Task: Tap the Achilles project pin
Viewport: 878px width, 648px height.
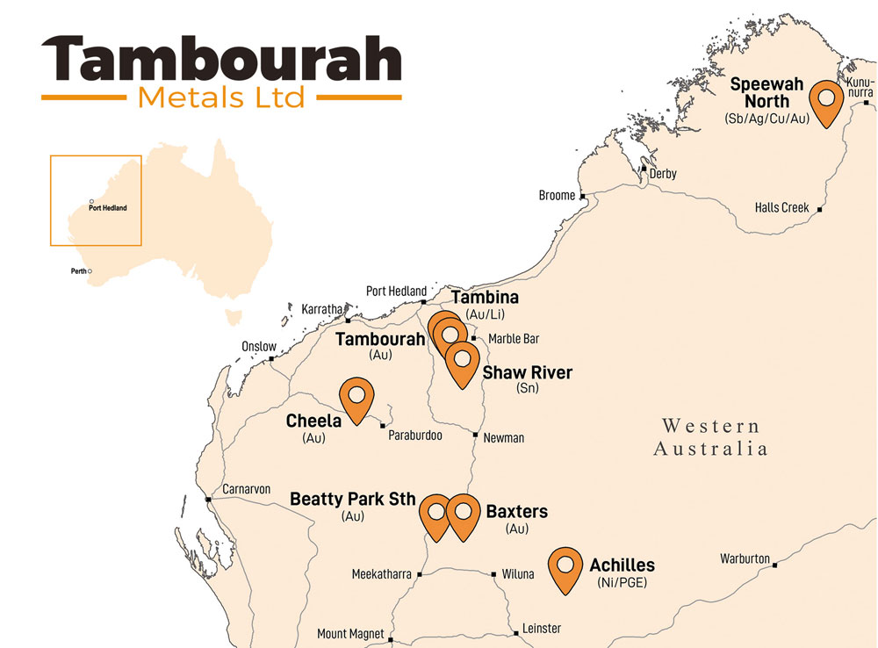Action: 566,569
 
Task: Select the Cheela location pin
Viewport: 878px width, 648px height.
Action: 357,400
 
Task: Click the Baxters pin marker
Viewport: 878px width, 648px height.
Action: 463,515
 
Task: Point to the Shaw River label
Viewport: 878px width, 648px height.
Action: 527,373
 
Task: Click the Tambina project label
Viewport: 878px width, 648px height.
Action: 485,299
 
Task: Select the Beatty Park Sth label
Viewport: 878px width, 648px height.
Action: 352,500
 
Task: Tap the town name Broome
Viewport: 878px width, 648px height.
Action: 557,196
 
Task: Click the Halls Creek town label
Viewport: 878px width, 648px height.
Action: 781,208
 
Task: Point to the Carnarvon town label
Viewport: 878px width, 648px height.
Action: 247,489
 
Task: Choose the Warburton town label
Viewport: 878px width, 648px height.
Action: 745,558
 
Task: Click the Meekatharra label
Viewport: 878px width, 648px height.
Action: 381,575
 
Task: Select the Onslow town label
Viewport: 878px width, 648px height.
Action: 259,347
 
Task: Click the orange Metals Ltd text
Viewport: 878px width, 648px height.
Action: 221,97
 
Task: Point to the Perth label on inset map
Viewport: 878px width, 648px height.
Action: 78,271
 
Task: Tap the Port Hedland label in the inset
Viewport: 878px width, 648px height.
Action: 108,208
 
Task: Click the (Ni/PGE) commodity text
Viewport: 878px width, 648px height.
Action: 622,581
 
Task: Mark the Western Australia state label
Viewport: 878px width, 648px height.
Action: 710,437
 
